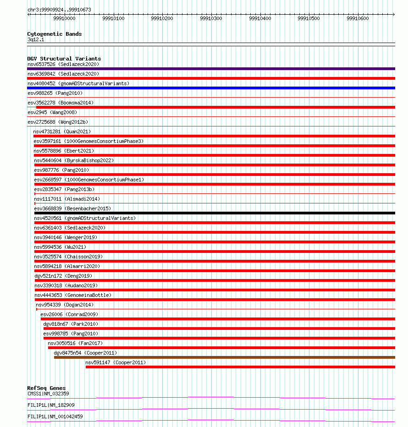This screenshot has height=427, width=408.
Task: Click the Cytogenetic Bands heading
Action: coord(54,34)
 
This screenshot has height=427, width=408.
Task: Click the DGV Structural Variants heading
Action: coord(64,59)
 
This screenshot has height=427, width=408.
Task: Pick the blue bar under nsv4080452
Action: coord(211,88)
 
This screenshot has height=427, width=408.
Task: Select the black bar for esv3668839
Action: coord(214,213)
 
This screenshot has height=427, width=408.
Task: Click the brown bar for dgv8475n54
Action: coord(224,357)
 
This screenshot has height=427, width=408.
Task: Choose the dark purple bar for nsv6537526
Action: coord(211,69)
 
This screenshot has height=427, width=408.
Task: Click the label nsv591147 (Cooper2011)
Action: coord(116,362)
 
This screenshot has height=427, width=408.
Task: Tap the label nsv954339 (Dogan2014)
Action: coord(65,305)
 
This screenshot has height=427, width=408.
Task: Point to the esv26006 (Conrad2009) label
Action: coord(69,314)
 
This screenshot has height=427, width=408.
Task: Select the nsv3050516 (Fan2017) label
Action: coord(75,343)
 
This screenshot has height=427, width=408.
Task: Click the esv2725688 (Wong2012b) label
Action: coord(58,122)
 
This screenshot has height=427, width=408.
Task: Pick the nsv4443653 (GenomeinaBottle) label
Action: coord(72,295)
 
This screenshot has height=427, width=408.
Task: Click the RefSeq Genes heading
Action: coord(46,388)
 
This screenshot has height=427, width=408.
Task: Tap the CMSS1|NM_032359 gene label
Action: coord(48,394)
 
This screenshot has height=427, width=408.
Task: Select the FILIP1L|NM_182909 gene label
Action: coord(51,405)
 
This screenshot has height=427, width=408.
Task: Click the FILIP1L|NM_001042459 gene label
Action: coord(55,416)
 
